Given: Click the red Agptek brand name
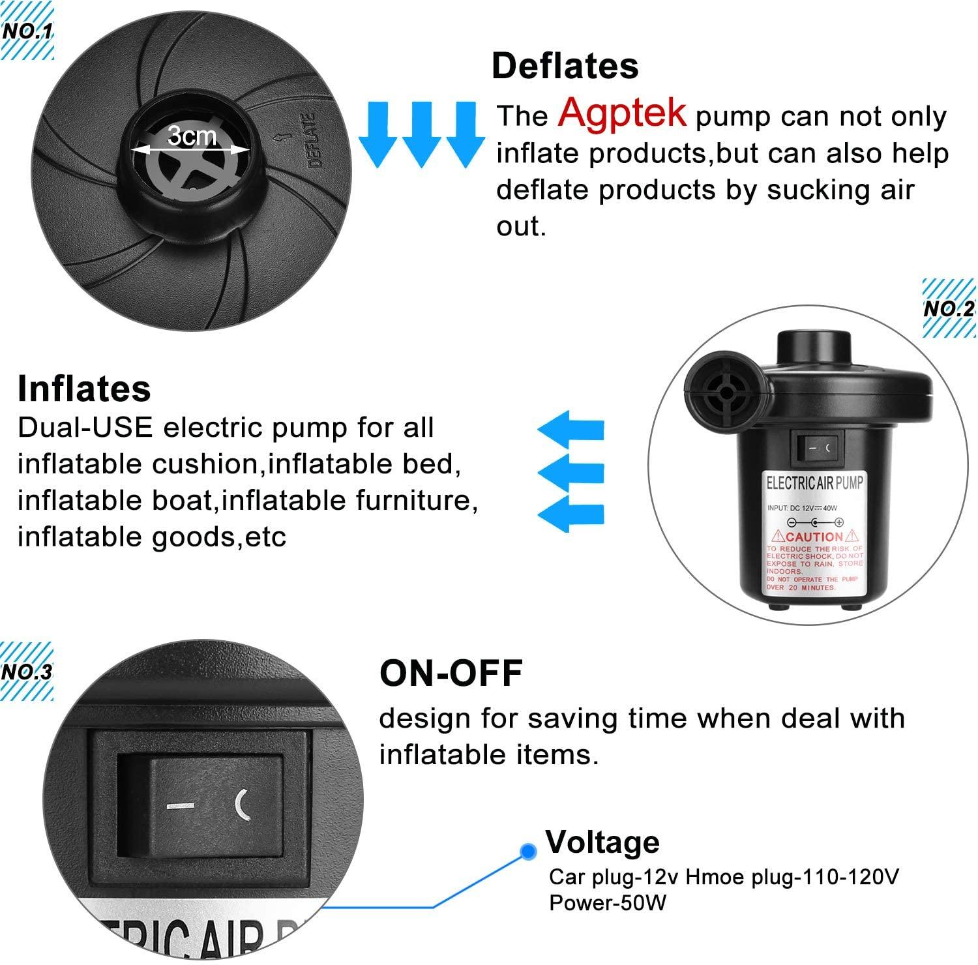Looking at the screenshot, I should (x=621, y=112).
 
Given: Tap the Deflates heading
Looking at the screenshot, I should (x=565, y=66).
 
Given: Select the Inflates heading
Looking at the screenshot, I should (x=84, y=389).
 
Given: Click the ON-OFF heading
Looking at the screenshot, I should (x=451, y=674).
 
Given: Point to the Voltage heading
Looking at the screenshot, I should (x=602, y=842).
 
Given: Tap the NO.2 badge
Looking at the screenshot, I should (x=948, y=308).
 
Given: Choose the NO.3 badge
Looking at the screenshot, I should (x=26, y=672).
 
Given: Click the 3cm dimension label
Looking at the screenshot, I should (x=192, y=136).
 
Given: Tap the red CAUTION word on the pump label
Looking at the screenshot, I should (x=814, y=537).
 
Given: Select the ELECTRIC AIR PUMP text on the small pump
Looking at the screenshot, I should (x=814, y=483).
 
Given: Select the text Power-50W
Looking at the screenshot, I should (x=607, y=902).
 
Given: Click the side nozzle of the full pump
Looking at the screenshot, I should (x=720, y=389).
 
